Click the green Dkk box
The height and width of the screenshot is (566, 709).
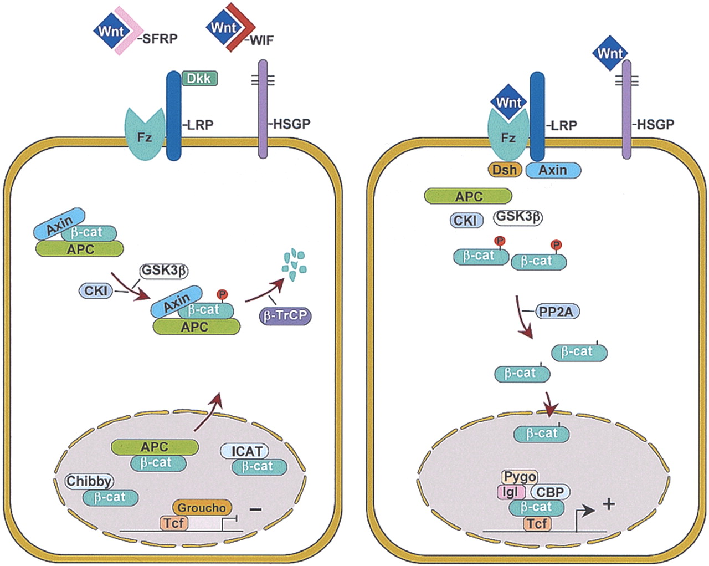[199, 78]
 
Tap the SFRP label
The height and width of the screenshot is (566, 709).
[160, 39]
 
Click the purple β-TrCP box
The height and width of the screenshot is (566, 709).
[285, 316]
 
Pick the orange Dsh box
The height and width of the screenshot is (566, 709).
[505, 170]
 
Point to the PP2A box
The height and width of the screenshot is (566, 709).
[556, 312]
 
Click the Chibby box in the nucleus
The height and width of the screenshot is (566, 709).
[89, 481]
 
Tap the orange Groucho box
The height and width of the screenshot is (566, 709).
[202, 508]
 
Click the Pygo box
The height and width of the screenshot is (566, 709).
[520, 477]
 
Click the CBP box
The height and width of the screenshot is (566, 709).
[549, 492]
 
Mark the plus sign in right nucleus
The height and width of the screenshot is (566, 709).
[608, 504]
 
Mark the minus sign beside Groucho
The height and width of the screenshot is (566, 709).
[255, 508]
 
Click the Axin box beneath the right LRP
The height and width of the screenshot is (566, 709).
[553, 170]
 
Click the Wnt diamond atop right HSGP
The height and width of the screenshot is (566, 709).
[610, 54]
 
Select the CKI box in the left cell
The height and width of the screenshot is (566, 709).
[96, 290]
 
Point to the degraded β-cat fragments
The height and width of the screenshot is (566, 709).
[294, 262]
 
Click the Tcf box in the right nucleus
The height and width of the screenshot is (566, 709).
[536, 523]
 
